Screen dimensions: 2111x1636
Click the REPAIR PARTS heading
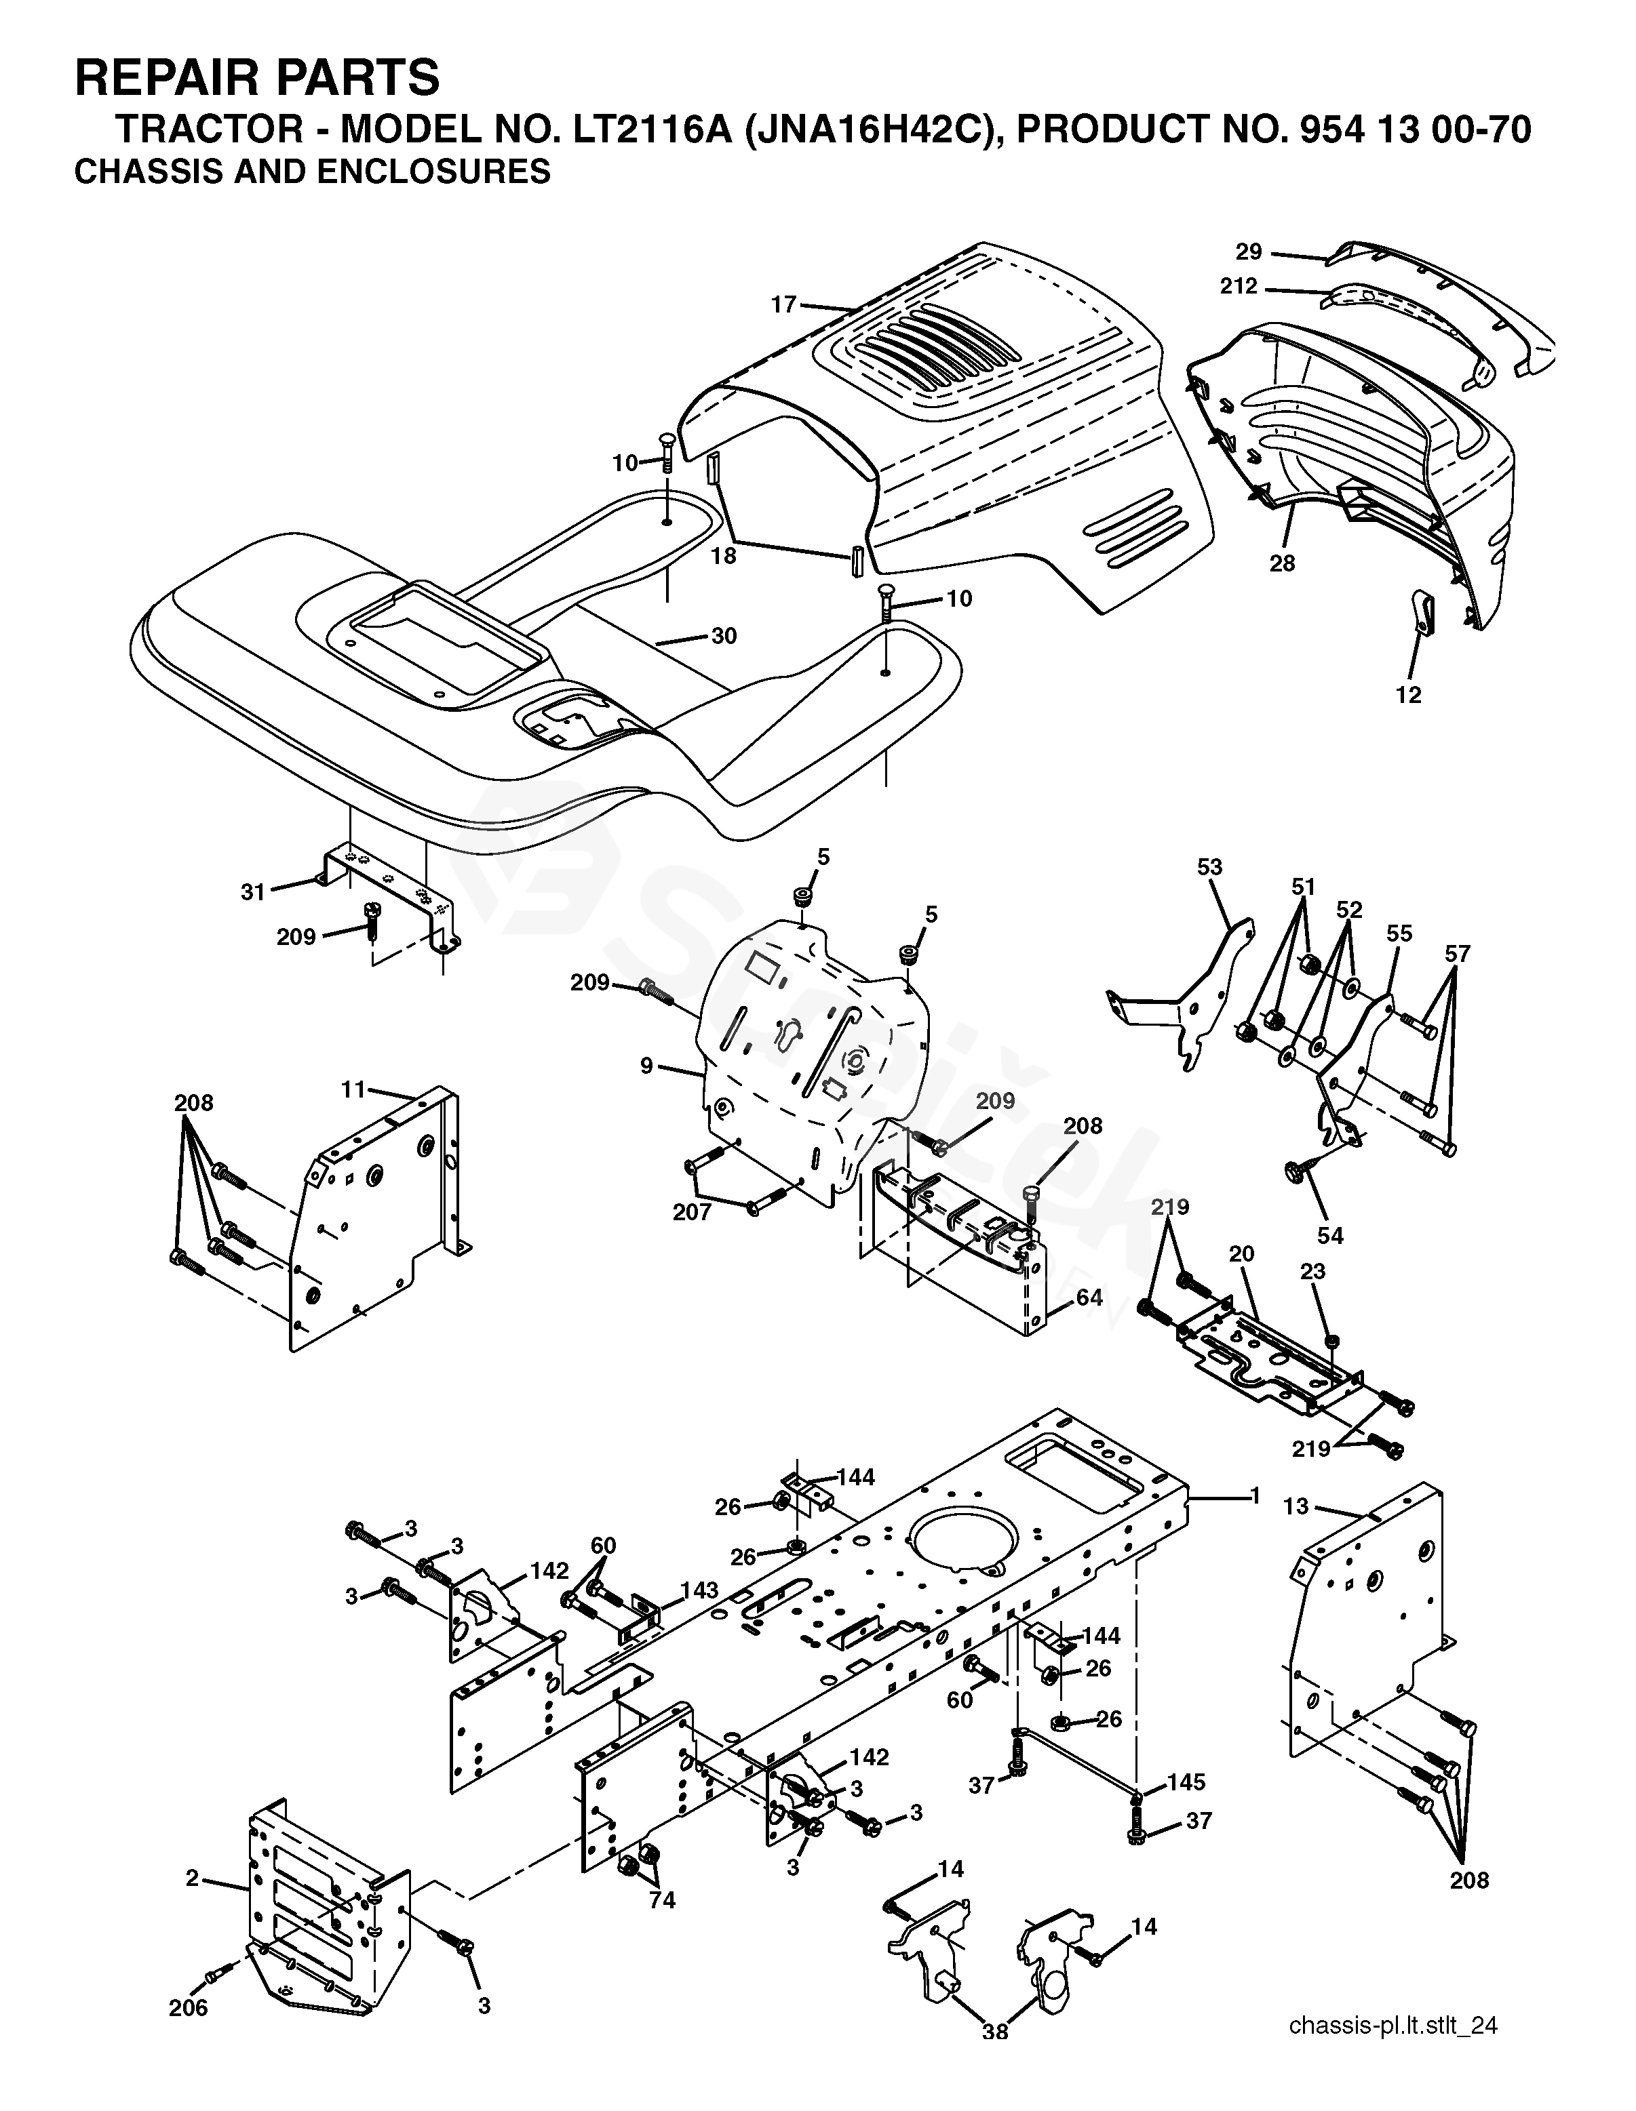pos(256,77)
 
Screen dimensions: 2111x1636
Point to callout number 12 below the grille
pos(1409,694)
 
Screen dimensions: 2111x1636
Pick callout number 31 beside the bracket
pos(252,891)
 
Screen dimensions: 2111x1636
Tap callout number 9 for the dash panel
pos(647,1066)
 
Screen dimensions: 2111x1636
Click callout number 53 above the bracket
pos(1209,867)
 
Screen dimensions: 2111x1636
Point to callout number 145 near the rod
pos(1186,1782)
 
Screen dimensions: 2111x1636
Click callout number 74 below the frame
pos(661,1900)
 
